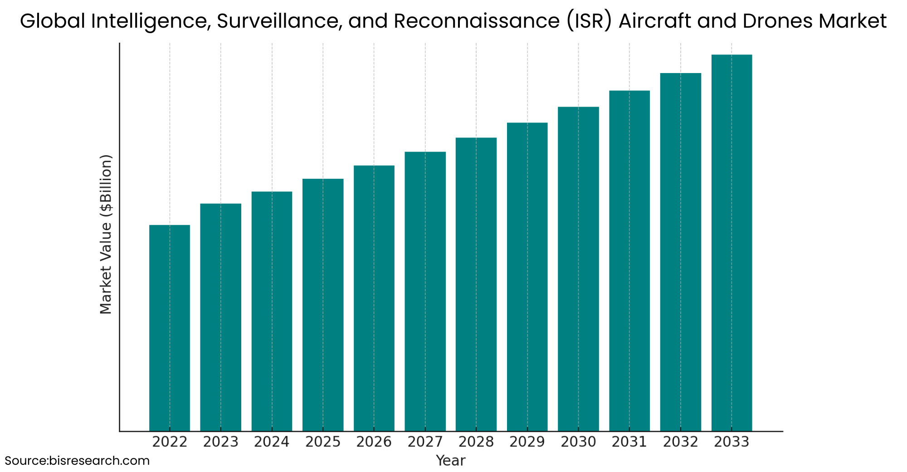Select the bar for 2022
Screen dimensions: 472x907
tap(170, 328)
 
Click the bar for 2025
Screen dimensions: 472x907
tap(323, 305)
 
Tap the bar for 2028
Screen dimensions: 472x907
tap(476, 284)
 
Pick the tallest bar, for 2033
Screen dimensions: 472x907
tap(731, 243)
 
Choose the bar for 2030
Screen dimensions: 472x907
tap(578, 269)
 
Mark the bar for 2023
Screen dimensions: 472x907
tap(221, 317)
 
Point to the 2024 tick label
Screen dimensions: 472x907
tap(272, 442)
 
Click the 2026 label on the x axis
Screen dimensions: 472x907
tap(374, 442)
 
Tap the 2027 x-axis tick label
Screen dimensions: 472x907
tap(425, 442)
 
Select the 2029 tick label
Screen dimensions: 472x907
tap(527, 442)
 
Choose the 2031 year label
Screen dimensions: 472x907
tap(629, 442)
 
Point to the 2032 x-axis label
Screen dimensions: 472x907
tap(680, 442)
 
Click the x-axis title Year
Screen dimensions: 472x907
tap(450, 461)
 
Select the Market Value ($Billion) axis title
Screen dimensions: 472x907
tap(106, 234)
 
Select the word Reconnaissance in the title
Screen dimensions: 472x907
tap(476, 21)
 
